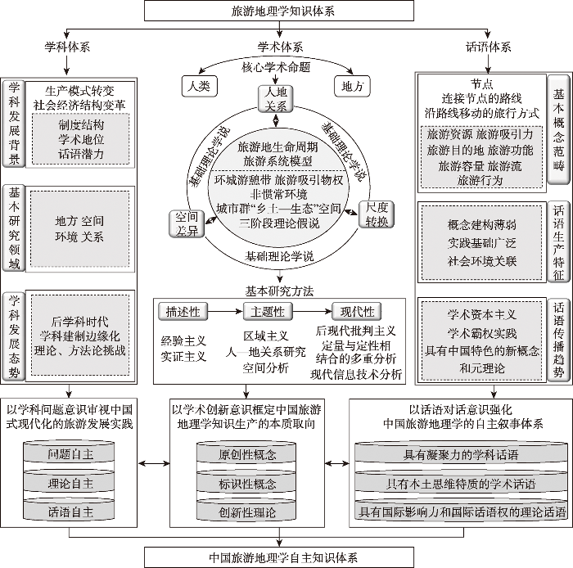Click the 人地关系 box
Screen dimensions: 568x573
point(276,99)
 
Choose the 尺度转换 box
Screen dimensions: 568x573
point(377,215)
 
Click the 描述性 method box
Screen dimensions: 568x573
point(183,311)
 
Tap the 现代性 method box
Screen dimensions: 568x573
point(357,311)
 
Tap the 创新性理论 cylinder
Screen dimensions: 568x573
point(247,512)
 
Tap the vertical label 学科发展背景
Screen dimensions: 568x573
point(14,122)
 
